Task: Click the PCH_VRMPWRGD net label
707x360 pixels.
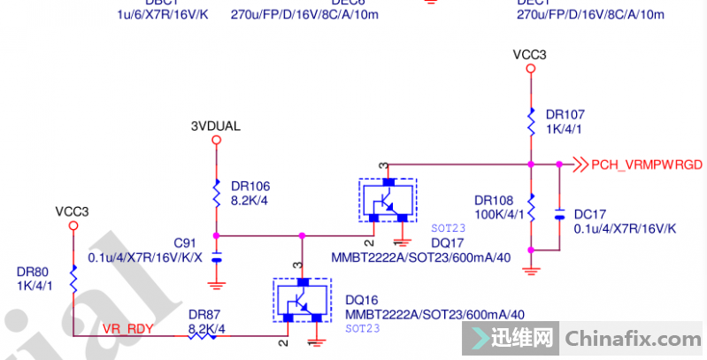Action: click(x=646, y=165)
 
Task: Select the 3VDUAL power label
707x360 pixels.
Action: click(x=216, y=126)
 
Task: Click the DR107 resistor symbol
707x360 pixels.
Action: click(x=531, y=121)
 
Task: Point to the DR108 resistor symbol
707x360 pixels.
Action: click(x=531, y=205)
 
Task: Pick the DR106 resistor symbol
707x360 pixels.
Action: click(x=217, y=193)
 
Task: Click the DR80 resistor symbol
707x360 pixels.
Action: click(x=73, y=281)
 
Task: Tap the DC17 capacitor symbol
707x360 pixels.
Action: click(x=559, y=215)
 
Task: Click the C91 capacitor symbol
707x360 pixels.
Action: click(x=217, y=257)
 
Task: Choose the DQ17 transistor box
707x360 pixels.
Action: click(x=387, y=201)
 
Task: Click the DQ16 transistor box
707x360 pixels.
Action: click(x=303, y=301)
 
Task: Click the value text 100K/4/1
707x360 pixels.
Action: click(x=500, y=213)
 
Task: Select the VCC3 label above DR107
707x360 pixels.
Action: click(x=530, y=55)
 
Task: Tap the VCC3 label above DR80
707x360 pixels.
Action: click(x=73, y=211)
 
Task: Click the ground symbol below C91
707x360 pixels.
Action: click(x=217, y=284)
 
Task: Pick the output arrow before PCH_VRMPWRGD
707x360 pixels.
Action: click(x=580, y=165)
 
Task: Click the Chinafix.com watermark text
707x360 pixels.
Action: click(x=634, y=338)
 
